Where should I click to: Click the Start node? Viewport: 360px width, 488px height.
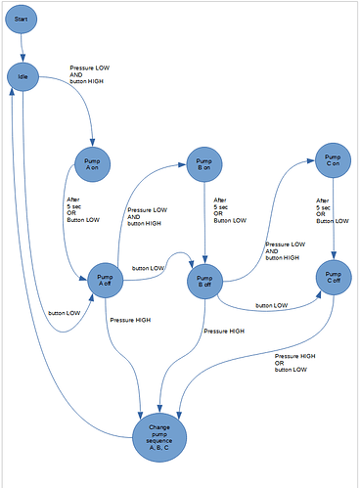pos(26,20)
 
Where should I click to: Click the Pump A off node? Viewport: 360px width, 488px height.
pos(108,280)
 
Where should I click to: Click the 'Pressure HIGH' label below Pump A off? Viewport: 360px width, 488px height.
pos(130,320)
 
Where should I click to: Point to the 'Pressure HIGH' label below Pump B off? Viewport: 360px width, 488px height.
pos(223,333)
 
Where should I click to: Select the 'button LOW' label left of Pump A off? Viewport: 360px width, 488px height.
pos(65,313)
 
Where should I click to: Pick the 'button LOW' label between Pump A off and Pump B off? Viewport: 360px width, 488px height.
pos(149,268)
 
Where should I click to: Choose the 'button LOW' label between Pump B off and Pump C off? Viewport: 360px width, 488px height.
pos(272,306)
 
